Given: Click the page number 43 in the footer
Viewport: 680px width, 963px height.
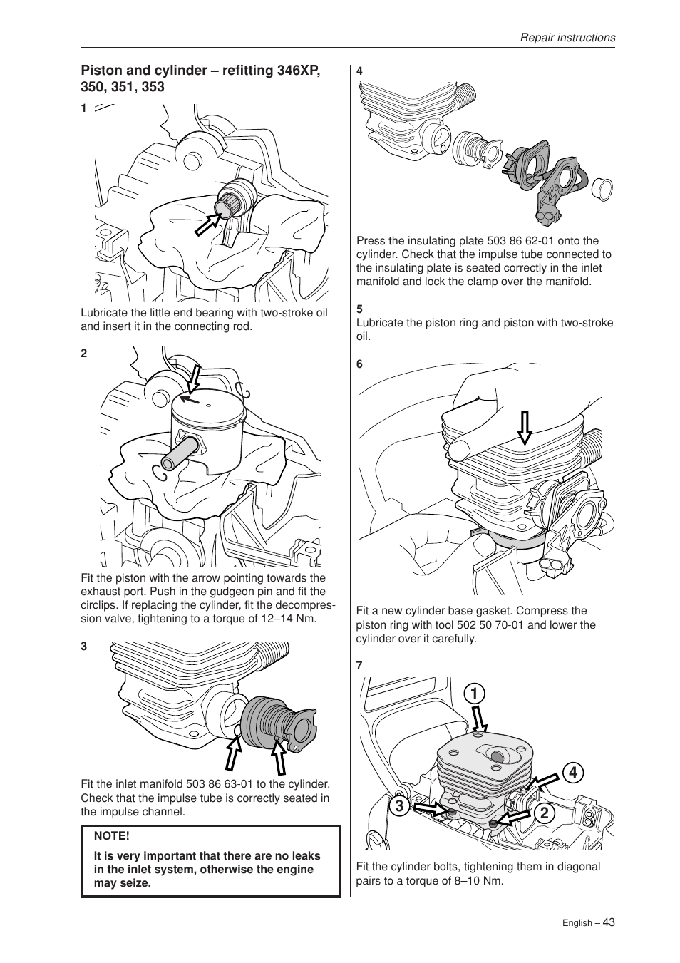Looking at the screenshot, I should (608, 922).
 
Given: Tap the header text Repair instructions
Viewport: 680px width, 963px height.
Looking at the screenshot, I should (567, 38).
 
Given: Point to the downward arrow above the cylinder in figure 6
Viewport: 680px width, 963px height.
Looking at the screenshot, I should (525, 428).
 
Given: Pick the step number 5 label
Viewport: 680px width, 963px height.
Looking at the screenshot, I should (360, 309).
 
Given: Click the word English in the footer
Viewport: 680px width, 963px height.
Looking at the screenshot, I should (577, 923).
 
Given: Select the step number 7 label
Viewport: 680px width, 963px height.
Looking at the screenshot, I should (360, 665).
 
